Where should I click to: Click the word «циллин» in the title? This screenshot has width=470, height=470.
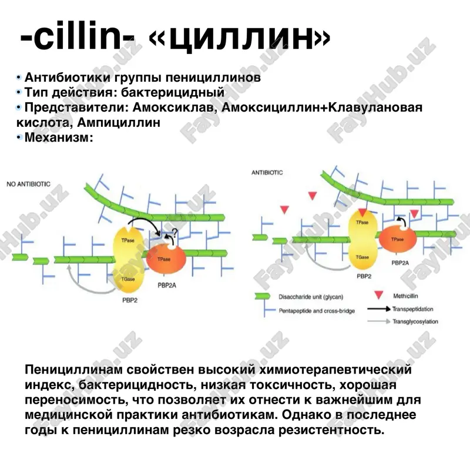pos(240,38)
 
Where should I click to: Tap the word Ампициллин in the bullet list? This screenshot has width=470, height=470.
pos(119,123)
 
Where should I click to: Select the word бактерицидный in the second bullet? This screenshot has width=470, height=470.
pos(173,92)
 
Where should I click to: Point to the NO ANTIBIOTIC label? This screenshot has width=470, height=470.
pos(28,184)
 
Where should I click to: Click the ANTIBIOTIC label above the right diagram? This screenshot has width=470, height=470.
pos(267,173)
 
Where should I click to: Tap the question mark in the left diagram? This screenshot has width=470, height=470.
pos(174,233)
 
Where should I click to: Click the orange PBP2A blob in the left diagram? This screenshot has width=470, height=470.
pos(166,259)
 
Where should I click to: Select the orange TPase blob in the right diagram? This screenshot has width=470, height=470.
pos(398,239)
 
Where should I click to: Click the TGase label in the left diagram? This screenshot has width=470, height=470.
pos(128,279)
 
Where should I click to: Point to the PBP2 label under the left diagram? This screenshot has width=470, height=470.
pos(130,300)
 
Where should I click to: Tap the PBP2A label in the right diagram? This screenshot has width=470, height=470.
pos(400,263)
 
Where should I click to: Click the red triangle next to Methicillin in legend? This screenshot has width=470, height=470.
pos(378,295)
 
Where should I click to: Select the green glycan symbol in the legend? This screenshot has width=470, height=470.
pos(263,297)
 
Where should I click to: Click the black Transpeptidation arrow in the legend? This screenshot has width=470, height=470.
pos(379,309)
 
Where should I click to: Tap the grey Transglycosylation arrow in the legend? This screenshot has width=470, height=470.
pos(379,321)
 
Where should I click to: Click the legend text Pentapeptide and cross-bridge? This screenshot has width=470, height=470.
pos(317,311)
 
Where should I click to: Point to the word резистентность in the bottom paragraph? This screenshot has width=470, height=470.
pos(331,430)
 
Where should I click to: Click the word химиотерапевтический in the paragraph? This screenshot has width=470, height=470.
pos(335,370)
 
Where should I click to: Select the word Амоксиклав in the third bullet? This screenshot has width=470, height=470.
pos(174,108)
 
